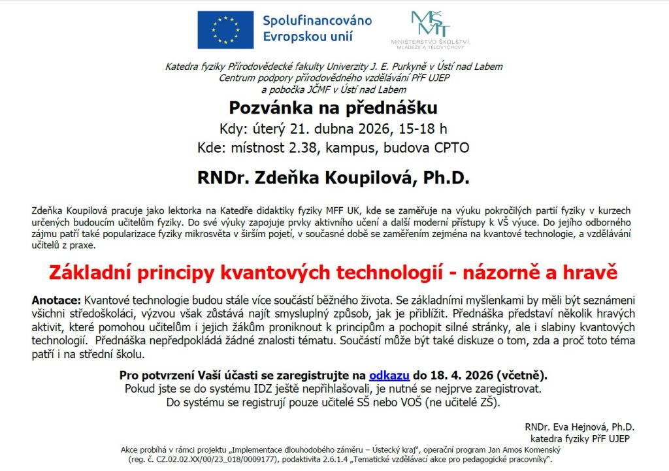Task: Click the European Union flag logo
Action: pyautogui.click(x=225, y=29)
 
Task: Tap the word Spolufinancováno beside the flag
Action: pyautogui.click(x=317, y=20)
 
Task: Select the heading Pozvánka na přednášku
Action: pyautogui.click(x=333, y=106)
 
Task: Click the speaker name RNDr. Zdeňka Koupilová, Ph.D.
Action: pyautogui.click(x=333, y=177)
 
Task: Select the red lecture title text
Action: pyautogui.click(x=333, y=272)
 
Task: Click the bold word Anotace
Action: pyautogui.click(x=56, y=300)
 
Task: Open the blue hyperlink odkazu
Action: pyautogui.click(x=389, y=376)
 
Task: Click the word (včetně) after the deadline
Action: pyautogui.click(x=522, y=376)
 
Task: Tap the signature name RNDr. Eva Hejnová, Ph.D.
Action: pyautogui.click(x=579, y=427)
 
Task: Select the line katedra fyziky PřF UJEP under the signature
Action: pyautogui.click(x=579, y=438)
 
